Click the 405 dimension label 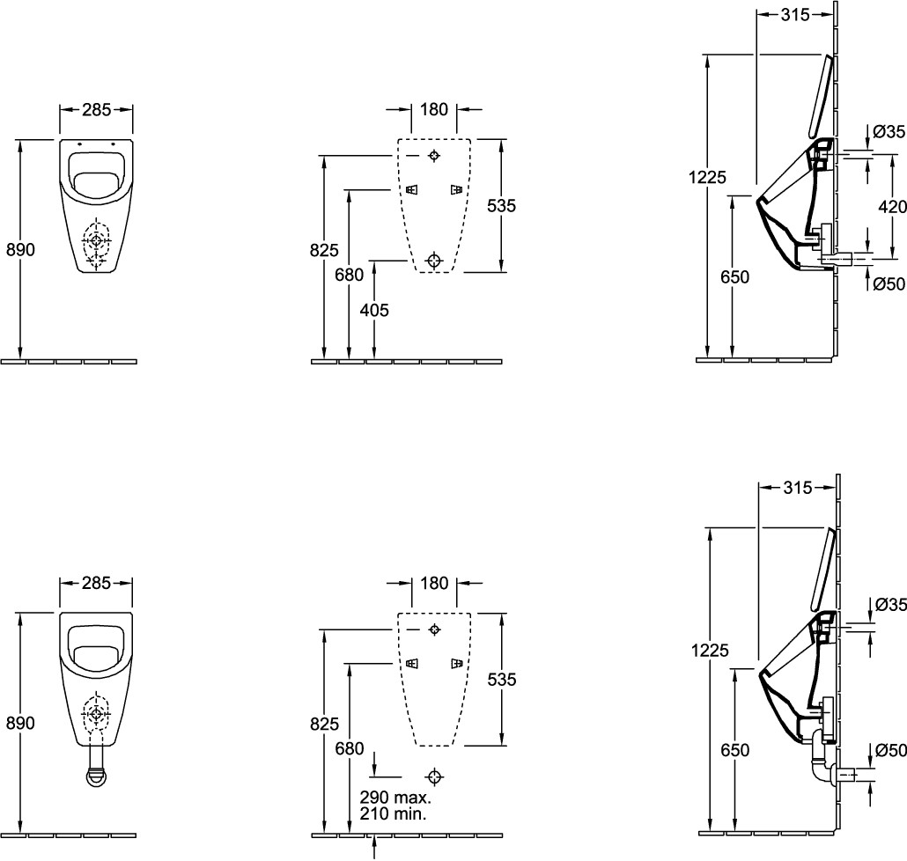374,310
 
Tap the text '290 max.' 395,798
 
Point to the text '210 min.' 393,814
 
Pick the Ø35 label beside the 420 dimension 889,132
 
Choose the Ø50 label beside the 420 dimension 889,283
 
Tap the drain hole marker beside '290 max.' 433,776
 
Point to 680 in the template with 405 350,275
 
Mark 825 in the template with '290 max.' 325,725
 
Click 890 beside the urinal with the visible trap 20,723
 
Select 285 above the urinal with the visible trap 96,583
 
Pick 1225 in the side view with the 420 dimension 709,178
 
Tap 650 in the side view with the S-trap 734,749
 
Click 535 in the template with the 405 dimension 501,205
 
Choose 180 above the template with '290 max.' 434,583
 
